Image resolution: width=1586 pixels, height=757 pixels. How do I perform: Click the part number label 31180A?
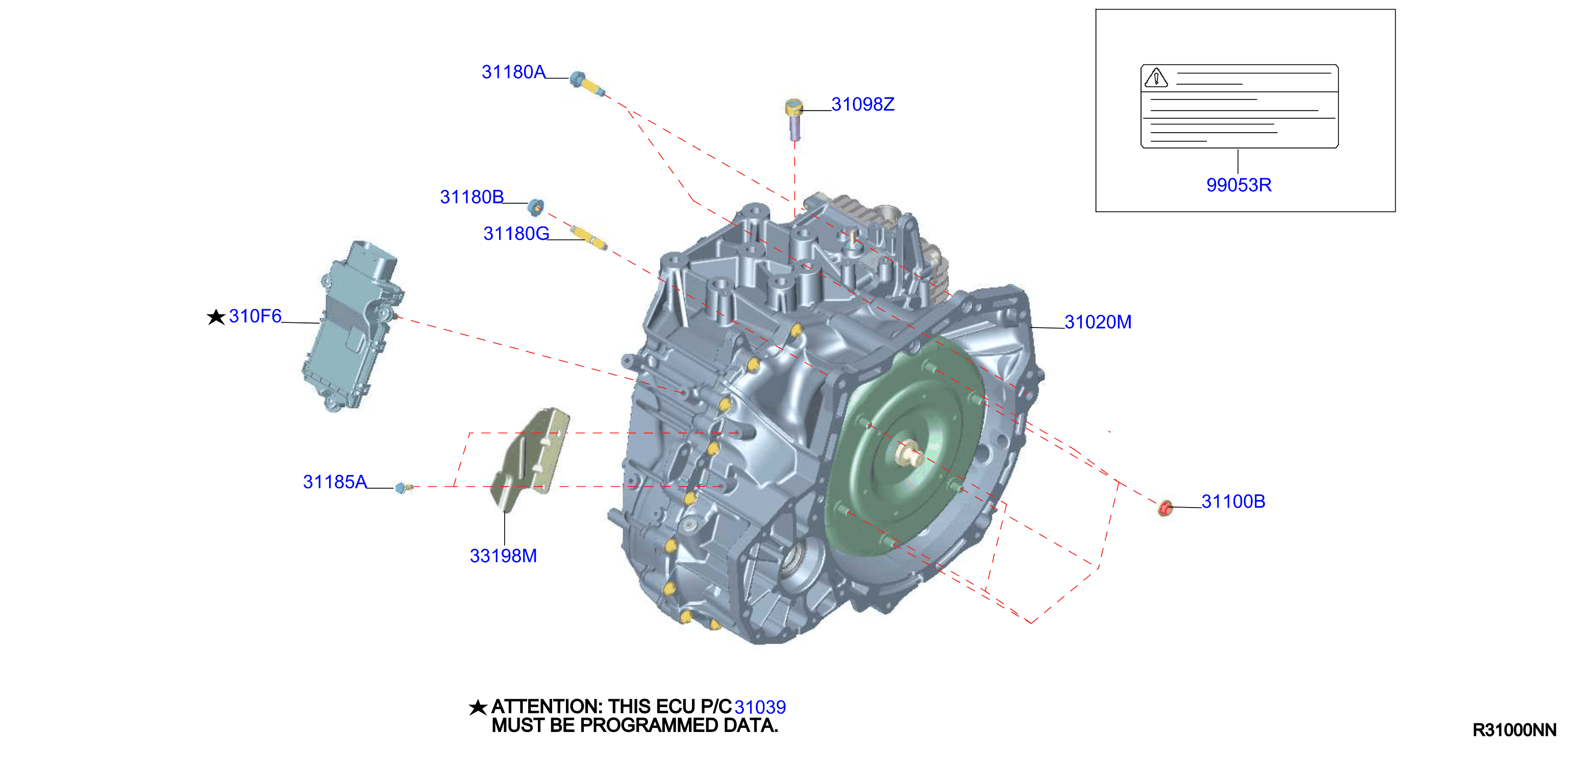[513, 72]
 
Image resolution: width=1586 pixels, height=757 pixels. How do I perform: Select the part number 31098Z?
[862, 105]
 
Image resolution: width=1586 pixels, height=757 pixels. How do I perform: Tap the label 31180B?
[472, 197]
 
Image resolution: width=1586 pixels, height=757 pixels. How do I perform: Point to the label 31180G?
[516, 234]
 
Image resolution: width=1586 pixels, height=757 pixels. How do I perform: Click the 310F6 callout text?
[255, 316]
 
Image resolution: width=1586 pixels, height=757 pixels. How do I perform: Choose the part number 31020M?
[1098, 322]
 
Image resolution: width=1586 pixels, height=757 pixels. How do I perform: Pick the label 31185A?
[334, 482]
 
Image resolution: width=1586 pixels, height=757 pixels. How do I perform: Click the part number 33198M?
[503, 556]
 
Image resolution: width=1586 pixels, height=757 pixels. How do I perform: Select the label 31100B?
[1233, 501]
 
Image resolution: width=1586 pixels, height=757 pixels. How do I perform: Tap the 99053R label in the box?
[1239, 185]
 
